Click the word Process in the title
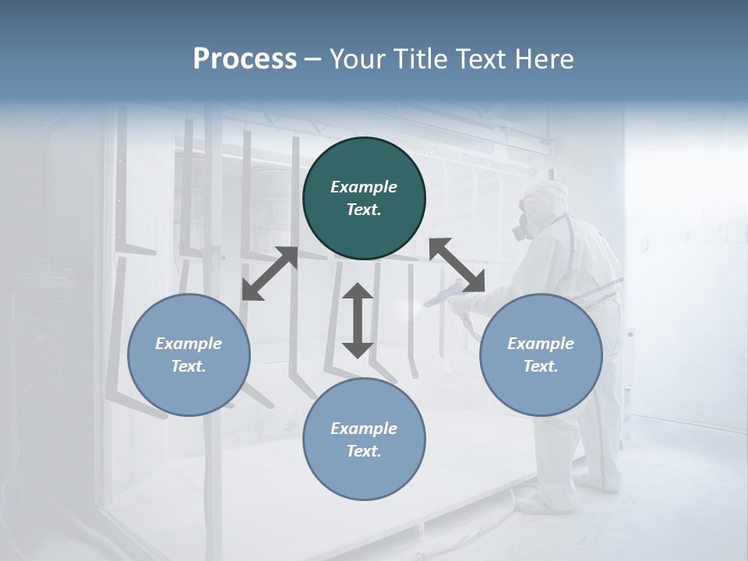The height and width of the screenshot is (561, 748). pos(245,58)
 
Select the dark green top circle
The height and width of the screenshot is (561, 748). pos(364,198)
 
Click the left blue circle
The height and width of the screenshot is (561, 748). pos(189,355)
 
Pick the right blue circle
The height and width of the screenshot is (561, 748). pos(541,355)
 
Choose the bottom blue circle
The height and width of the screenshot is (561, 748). pos(364,439)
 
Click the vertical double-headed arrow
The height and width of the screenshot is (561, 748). pos(358,321)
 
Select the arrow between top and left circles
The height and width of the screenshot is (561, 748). pos(270,273)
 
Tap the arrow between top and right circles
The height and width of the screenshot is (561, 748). pos(457,266)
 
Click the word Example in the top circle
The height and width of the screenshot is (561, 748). pos(364,187)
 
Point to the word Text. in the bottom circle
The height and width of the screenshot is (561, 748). pos(364,451)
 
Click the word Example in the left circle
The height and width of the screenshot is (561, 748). pos(189,344)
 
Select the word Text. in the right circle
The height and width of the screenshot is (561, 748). pos(541,366)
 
